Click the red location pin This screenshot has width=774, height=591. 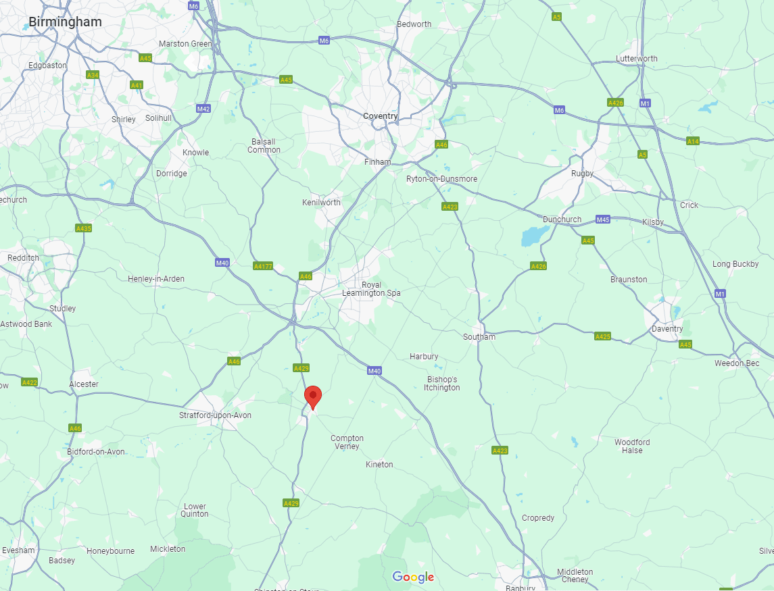coord(312,396)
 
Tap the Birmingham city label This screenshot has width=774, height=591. coord(65,22)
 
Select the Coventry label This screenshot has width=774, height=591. coord(381,116)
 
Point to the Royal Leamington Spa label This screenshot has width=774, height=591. coord(371,289)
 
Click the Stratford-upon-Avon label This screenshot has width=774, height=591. coord(215,415)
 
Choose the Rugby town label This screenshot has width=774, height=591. coord(582,174)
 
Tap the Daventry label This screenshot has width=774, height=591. coord(667,329)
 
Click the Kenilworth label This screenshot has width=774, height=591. coord(322,203)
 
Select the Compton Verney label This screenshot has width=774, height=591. coord(347,442)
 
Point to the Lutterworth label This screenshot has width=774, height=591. coord(636,59)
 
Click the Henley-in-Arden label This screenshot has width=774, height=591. coord(156,279)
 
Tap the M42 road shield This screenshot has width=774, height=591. coord(203,109)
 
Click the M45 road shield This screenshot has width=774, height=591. coord(603,220)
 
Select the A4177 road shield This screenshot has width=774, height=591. coord(262,266)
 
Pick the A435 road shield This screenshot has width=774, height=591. coord(83,228)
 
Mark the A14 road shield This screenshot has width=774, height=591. coord(693,141)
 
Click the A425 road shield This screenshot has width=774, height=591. coord(602,336)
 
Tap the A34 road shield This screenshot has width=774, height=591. coord(93,75)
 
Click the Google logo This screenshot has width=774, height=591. coord(413,577)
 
